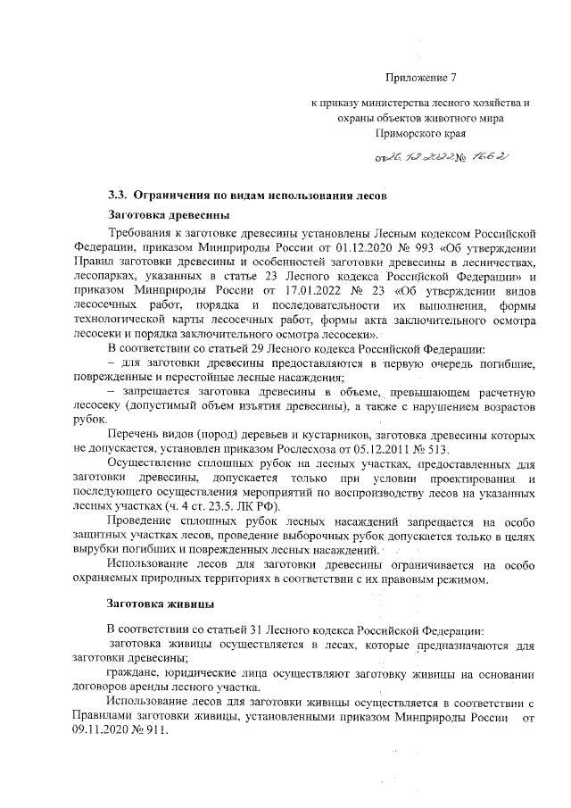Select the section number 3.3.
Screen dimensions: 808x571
click(115, 195)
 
